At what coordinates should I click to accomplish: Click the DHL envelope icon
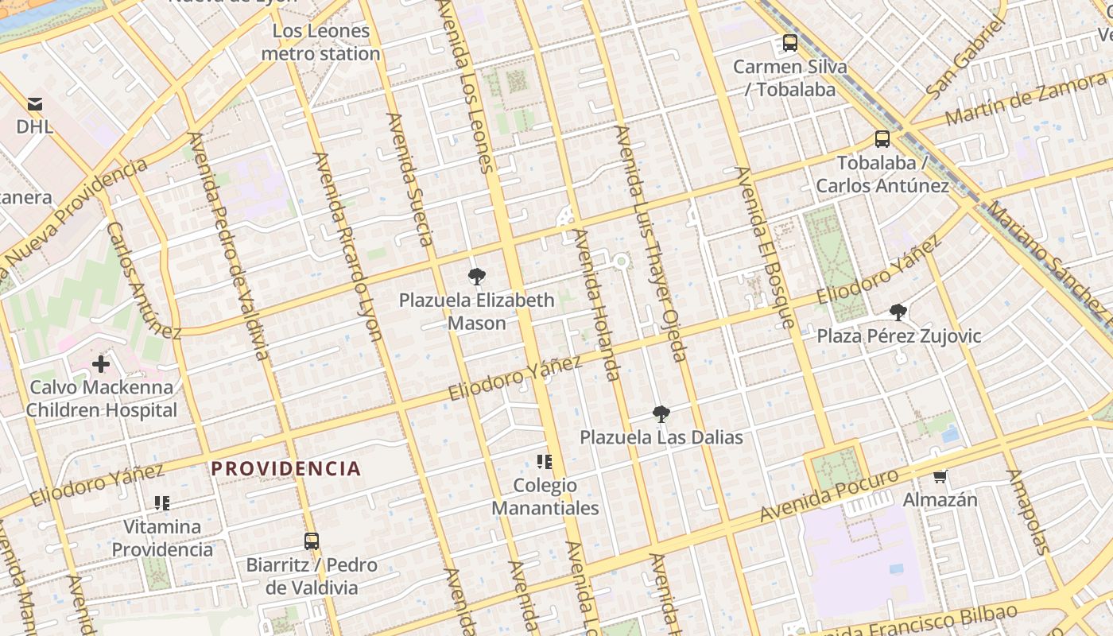[35, 104]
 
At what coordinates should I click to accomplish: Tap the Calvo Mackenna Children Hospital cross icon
[101, 364]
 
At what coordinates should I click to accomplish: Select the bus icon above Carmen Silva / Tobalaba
[789, 43]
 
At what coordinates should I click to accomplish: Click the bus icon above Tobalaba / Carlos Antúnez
[882, 139]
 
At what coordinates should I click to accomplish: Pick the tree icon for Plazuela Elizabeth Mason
[476, 277]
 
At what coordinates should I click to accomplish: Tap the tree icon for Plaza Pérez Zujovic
[898, 312]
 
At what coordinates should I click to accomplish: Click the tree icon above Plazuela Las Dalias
[661, 414]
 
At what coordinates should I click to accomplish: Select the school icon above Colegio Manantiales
[545, 462]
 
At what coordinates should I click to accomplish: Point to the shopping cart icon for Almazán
[940, 476]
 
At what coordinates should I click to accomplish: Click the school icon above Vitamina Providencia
[162, 502]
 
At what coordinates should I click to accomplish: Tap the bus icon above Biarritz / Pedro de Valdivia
[312, 541]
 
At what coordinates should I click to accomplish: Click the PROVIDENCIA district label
[286, 468]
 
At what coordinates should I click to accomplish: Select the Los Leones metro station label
[320, 43]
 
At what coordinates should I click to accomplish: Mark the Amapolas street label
[1029, 511]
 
